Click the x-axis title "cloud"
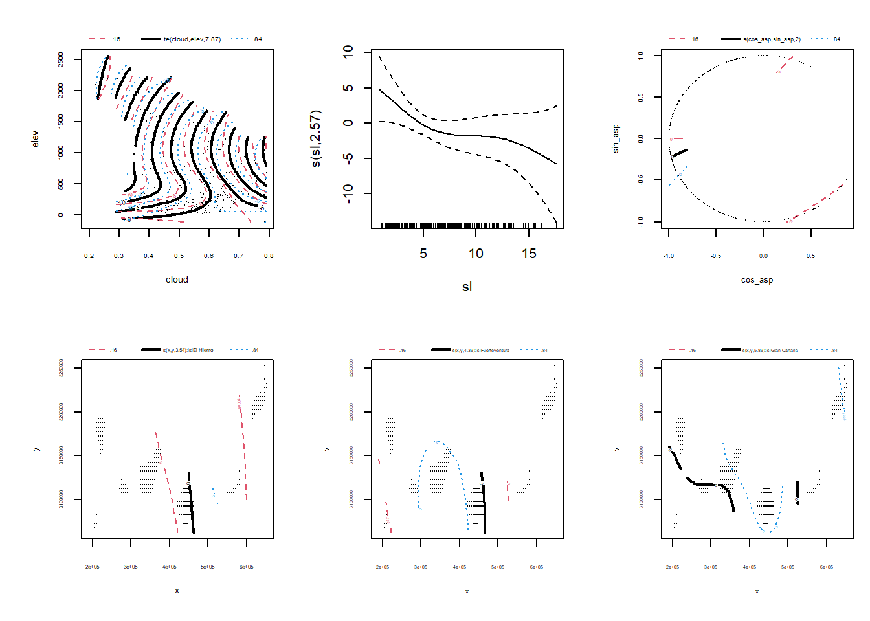177,279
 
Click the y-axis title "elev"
36,138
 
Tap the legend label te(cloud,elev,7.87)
192,39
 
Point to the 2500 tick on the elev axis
61,60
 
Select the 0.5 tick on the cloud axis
179,256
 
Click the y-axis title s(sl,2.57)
315,138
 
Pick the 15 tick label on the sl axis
529,254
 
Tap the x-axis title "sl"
467,287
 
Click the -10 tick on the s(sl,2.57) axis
348,193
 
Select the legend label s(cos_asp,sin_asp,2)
772,39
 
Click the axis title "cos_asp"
757,280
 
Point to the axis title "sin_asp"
616,138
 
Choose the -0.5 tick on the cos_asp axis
716,256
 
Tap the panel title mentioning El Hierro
188,350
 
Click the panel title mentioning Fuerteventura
480,350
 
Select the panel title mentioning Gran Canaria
770,350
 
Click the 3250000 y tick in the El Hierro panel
61,368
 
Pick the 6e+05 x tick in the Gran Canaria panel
827,567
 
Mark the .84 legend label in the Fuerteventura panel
544,350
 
